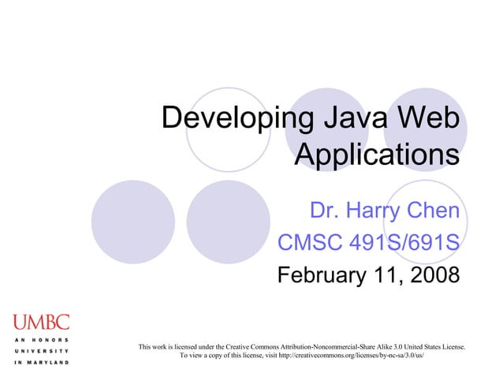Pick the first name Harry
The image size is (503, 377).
[373, 211]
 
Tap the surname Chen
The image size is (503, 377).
[433, 211]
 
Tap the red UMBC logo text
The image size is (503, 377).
[40, 322]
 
